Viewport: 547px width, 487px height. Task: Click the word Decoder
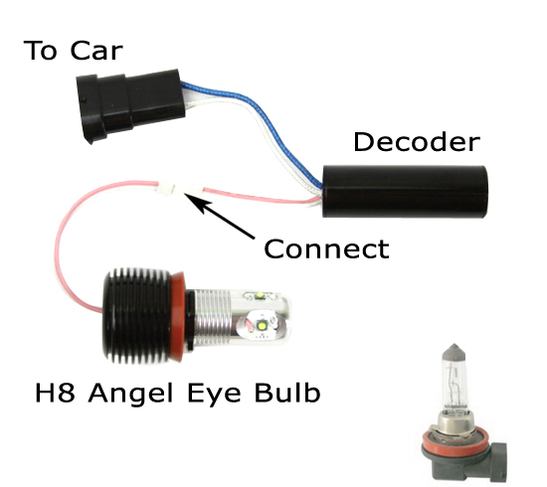[417, 142]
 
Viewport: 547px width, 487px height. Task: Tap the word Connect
[326, 248]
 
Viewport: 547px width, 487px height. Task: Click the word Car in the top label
[96, 51]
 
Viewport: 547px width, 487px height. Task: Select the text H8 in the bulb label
[55, 393]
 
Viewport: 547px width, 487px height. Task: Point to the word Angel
[131, 395]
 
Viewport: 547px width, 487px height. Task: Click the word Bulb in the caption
[287, 393]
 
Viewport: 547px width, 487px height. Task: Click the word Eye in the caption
[214, 395]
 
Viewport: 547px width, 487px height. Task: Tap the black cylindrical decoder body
[405, 192]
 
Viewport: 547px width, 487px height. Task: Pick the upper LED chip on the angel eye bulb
[260, 296]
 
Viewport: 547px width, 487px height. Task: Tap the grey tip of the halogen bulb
[454, 352]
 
